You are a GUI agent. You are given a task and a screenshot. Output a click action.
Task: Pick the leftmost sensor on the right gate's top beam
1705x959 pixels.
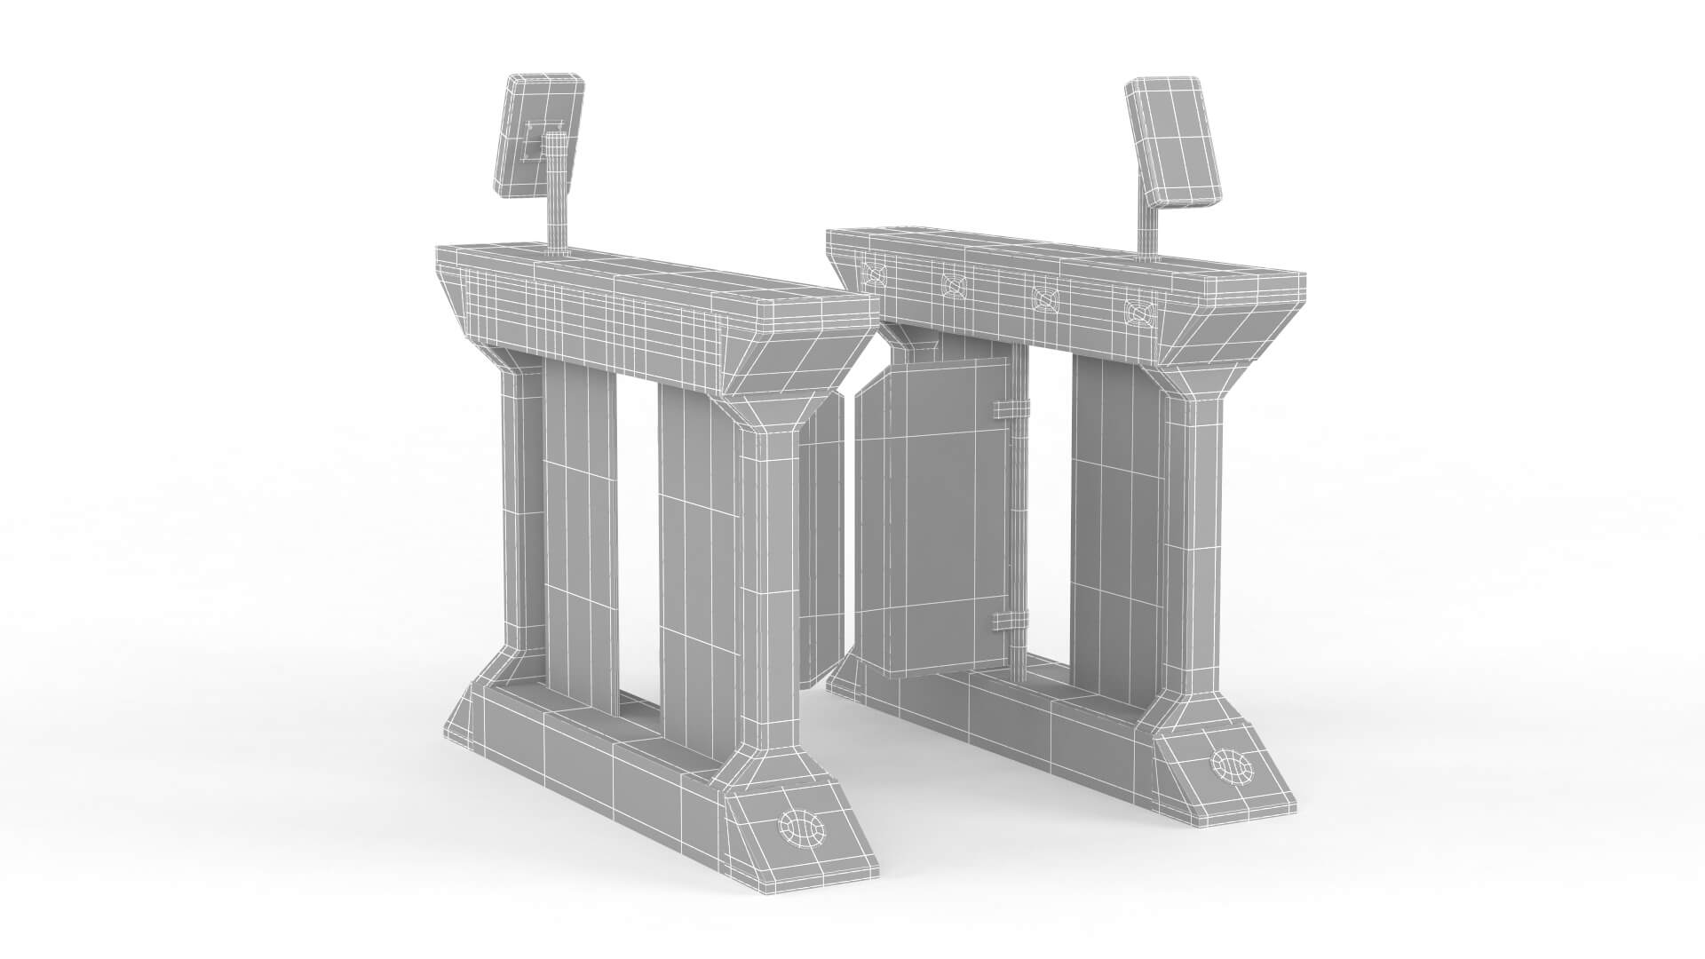874,273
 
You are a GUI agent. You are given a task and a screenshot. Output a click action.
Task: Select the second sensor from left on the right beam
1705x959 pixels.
954,285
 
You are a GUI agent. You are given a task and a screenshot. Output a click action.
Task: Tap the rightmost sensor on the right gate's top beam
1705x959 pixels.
1137,311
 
